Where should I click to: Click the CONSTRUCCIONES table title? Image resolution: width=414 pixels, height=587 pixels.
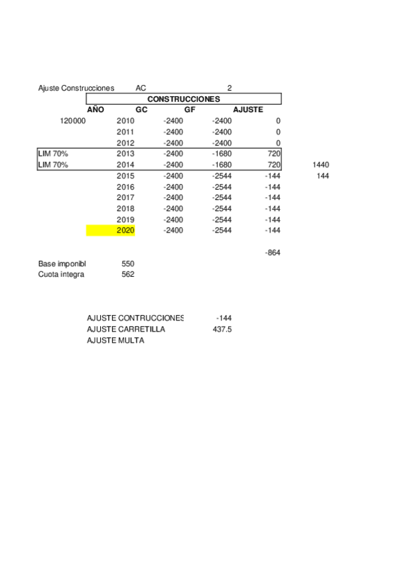(183, 99)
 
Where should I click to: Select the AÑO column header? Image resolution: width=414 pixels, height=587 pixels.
(95, 110)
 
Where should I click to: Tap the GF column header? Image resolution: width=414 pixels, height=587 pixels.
(189, 110)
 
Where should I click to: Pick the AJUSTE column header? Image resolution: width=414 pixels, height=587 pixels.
(247, 110)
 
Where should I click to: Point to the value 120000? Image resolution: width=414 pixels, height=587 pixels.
(73, 121)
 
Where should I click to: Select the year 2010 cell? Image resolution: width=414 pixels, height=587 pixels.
(125, 121)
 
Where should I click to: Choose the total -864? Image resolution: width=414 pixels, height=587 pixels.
(272, 253)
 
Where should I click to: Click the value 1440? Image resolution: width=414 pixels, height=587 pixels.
(321, 165)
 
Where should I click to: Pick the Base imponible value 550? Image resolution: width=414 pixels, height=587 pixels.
(127, 264)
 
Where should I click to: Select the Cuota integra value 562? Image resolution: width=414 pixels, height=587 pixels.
(127, 275)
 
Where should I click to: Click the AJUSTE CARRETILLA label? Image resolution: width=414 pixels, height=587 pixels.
(126, 329)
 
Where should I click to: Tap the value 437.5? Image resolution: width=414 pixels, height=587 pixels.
(222, 329)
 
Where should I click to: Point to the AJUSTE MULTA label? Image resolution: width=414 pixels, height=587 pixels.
(115, 341)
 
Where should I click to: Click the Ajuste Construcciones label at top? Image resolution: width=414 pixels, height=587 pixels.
(76, 88)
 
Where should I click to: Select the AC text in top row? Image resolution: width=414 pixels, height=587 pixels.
(141, 88)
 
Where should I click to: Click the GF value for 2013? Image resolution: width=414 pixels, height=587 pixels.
(222, 154)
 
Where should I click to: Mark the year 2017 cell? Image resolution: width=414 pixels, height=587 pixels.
(125, 198)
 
